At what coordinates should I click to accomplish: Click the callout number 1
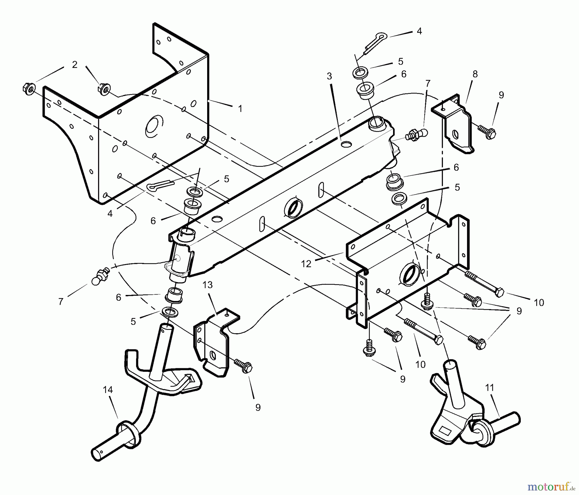[x=240, y=109]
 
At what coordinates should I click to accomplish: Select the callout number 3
[x=329, y=76]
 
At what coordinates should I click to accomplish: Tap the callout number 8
[x=475, y=74]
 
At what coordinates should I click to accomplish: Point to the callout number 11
[x=489, y=388]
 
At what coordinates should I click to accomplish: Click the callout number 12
[x=306, y=264]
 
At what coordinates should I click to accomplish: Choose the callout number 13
[x=208, y=285]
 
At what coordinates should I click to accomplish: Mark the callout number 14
[x=108, y=390]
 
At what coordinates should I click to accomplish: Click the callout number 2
[x=75, y=65]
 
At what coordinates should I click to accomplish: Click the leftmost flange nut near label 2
[x=28, y=88]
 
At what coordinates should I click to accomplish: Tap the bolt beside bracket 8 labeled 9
[x=487, y=131]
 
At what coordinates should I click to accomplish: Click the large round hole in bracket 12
[x=410, y=274]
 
